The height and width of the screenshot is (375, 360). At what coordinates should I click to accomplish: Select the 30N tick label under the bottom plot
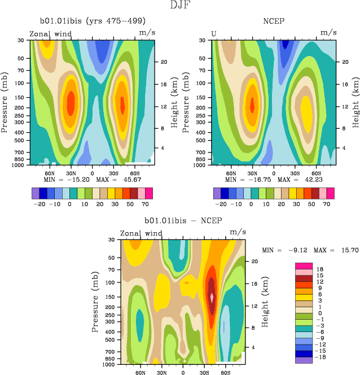click(x=162, y=373)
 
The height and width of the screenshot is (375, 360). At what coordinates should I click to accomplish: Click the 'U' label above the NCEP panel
click(x=214, y=33)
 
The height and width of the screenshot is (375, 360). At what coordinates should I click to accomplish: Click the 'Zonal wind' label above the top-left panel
click(x=50, y=34)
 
